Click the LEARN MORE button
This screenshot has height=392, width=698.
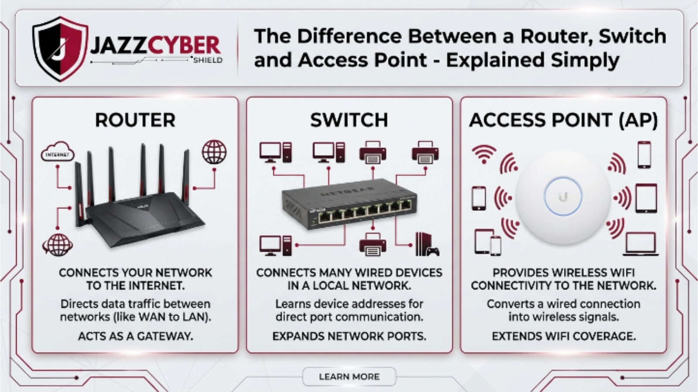point(349,377)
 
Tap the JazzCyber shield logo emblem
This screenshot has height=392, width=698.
point(60,48)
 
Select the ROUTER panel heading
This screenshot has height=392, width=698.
point(135,120)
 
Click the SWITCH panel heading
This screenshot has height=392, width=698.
point(349,120)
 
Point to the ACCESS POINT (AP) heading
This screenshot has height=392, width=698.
point(563,120)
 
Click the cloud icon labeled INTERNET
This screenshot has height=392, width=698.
point(58,152)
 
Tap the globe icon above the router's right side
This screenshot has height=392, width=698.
point(214,152)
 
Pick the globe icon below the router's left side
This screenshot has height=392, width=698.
point(58,244)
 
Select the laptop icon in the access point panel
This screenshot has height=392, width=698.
point(640,244)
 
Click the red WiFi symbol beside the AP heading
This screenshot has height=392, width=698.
point(484,154)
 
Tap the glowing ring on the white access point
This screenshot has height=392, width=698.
point(563,196)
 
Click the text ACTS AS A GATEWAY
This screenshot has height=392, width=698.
point(135,336)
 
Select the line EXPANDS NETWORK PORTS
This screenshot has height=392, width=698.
point(349,336)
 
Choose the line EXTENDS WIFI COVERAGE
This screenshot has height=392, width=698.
point(563,336)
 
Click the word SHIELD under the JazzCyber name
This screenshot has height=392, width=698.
point(208,60)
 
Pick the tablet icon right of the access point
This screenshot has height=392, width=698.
point(646,198)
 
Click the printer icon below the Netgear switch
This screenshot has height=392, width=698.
point(373,244)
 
